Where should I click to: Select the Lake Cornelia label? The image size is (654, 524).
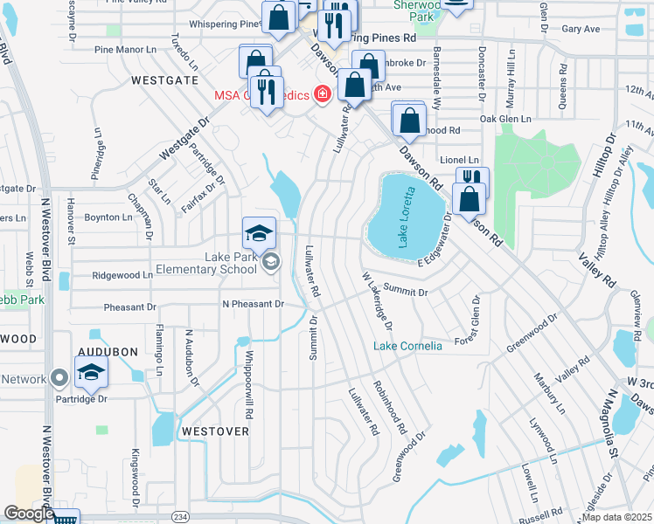407,346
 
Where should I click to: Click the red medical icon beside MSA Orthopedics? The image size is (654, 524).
323,93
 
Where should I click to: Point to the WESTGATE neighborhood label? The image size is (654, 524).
164,79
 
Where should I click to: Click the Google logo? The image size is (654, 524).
28,514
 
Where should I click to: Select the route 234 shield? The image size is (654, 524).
180,517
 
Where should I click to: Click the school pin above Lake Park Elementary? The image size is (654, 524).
259,232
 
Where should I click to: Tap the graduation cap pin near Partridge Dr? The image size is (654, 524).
90,373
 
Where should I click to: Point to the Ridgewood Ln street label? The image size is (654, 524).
122,275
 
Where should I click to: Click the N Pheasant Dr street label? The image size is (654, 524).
254,304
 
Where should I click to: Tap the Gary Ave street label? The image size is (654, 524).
581,29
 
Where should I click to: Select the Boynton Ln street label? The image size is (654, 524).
107,217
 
